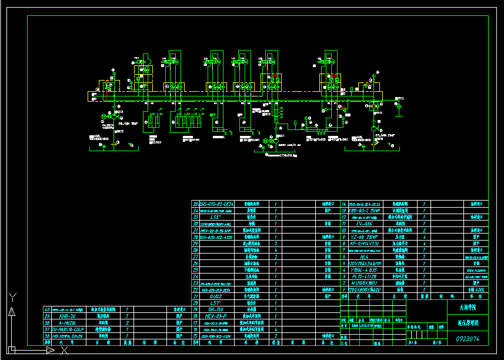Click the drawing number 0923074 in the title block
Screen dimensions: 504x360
pyautogui.click(x=468, y=339)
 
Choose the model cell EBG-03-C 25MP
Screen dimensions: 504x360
pyautogui.click(x=362, y=210)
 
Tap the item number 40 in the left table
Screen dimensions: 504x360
pyautogui.click(x=47, y=309)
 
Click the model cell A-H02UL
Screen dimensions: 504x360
pyautogui.click(x=65, y=322)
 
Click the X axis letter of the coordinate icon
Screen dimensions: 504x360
pyautogui.click(x=65, y=351)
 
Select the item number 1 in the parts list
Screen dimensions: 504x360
pyautogui.click(x=343, y=289)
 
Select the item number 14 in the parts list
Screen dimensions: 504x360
pyautogui.click(x=343, y=204)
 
